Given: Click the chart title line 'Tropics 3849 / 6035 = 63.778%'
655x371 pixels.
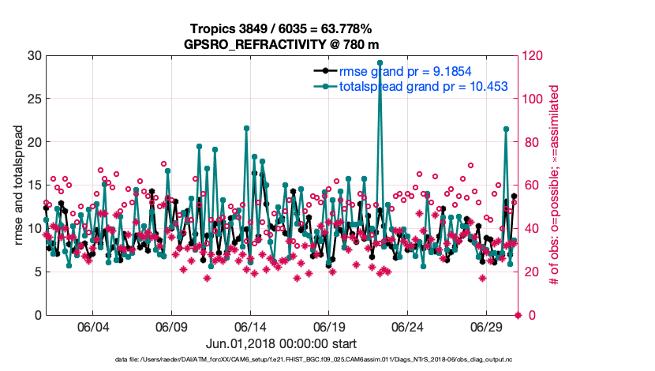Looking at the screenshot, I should click(280, 28).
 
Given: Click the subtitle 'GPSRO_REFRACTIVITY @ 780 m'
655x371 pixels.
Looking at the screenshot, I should click(280, 43).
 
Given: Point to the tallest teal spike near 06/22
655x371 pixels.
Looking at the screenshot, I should click(380, 62).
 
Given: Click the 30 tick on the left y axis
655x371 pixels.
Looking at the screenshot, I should click(34, 55).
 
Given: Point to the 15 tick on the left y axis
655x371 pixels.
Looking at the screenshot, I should click(34, 185).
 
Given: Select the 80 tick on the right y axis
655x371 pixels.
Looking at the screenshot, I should click(531, 142).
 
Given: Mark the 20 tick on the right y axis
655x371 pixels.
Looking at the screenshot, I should click(531, 272).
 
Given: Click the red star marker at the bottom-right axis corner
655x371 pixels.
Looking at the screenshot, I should click(518, 316).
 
